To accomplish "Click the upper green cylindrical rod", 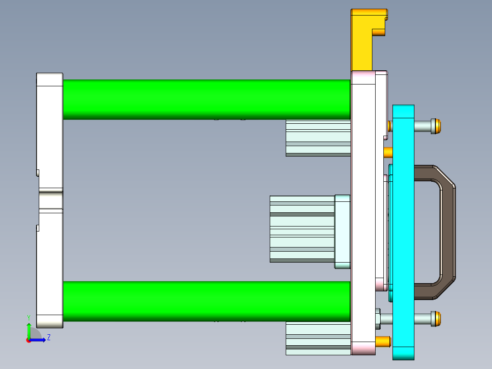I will tap(205, 99).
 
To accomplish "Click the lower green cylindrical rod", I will tap(205, 300).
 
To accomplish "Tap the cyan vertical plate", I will tap(403, 228).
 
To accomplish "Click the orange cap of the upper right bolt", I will tap(437, 126).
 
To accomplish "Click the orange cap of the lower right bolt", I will tap(437, 318).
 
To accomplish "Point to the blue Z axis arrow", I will tap(39, 340).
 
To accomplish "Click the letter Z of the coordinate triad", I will tap(48, 337).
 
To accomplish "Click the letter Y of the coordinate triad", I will tap(28, 317).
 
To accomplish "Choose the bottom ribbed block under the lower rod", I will tap(317, 338).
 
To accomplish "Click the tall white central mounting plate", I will tap(363, 206).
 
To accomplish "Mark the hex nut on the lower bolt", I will tap(378, 319).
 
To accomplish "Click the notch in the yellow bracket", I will tap(379, 32).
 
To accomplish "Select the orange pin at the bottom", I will tap(383, 341).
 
